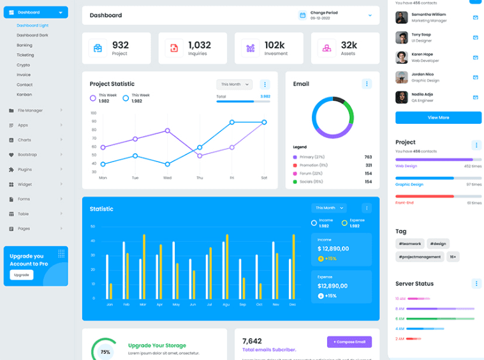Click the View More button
point(438,117)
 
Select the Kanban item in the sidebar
point(24,94)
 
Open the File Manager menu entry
point(30,110)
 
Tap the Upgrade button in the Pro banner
point(22,275)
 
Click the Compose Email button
point(349,342)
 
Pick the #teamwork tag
point(409,243)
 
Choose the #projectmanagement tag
point(419,257)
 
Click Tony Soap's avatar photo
point(402,37)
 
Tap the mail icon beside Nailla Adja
point(475,97)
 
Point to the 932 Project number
point(121,45)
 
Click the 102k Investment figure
point(274,45)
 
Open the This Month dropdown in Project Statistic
point(234,84)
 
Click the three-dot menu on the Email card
point(367,84)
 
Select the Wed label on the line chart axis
point(167,177)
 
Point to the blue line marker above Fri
point(232,122)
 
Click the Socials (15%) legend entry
point(311,182)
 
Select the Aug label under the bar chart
point(226,304)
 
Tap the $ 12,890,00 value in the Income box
point(334,248)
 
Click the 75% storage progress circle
point(105,351)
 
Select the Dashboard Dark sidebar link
point(33,35)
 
